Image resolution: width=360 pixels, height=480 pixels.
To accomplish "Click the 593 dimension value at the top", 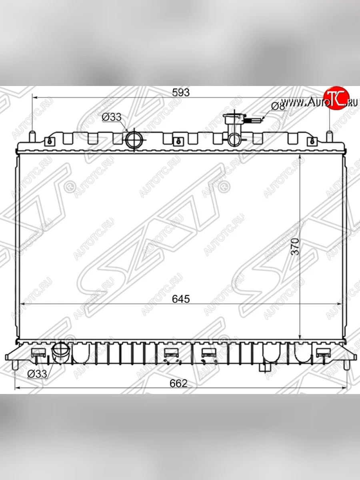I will (x=180, y=92).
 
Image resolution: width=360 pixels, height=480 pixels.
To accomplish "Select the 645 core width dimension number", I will (x=181, y=299).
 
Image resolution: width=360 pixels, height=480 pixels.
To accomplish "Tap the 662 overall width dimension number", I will (x=178, y=383).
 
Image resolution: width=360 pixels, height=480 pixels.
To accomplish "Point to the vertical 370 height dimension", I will (x=295, y=247).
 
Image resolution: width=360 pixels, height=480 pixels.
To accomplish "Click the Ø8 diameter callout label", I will (x=278, y=106).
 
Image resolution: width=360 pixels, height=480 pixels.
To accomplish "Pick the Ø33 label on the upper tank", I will (x=111, y=117).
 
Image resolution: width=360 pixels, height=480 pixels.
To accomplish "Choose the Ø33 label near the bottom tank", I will (x=37, y=374).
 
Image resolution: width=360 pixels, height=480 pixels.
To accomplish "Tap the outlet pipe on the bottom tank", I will (x=61, y=352).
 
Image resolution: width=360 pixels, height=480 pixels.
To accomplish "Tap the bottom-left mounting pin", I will (x=16, y=364).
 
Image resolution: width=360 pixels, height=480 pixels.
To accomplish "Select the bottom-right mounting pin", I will (x=346, y=364).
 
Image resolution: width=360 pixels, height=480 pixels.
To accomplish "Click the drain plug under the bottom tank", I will (x=264, y=367).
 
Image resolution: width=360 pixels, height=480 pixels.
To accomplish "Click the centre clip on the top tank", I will (x=178, y=141).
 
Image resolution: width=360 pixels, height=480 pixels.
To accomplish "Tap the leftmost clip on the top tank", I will (x=49, y=141).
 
